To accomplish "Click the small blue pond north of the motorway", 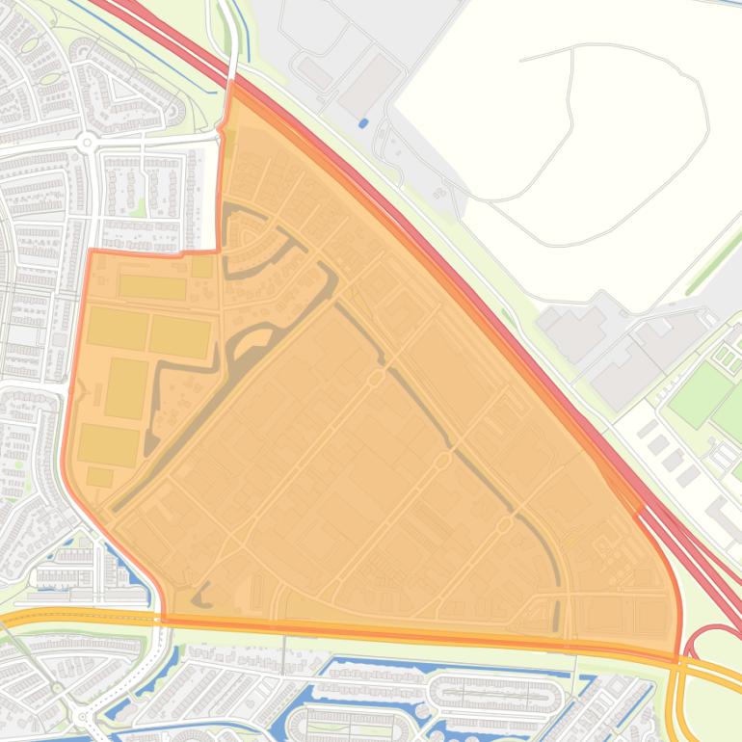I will pos(363,123).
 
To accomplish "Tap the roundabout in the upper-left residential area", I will pos(88,143).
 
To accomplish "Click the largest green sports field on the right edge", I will pos(702,394).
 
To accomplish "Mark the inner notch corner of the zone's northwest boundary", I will pos(218,250).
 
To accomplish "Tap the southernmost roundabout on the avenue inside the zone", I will pos(504,525).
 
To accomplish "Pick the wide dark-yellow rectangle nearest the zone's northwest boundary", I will pos(152,287).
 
